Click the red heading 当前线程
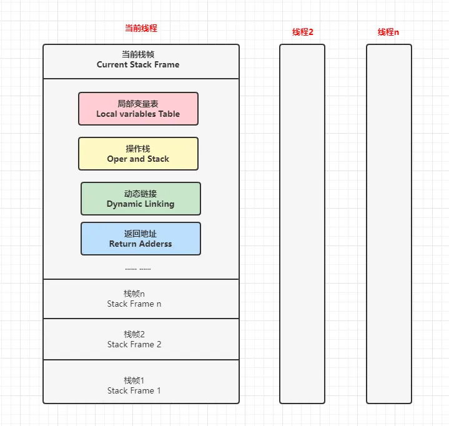(141, 28)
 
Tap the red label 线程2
(303, 32)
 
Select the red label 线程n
(388, 32)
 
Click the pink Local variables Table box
(138, 109)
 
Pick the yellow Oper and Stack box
(138, 154)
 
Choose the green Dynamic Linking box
(141, 199)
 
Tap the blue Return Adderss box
(141, 239)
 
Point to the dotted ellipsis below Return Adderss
(138, 269)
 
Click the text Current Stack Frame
(138, 64)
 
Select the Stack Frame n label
(134, 304)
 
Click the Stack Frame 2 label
(134, 344)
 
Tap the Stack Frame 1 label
(134, 390)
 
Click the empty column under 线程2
(302, 224)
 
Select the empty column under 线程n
(389, 224)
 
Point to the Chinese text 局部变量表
(138, 104)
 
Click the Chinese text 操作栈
(138, 149)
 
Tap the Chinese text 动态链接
(141, 194)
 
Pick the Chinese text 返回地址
(141, 234)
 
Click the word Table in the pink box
(169, 114)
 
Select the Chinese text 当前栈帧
(138, 54)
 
